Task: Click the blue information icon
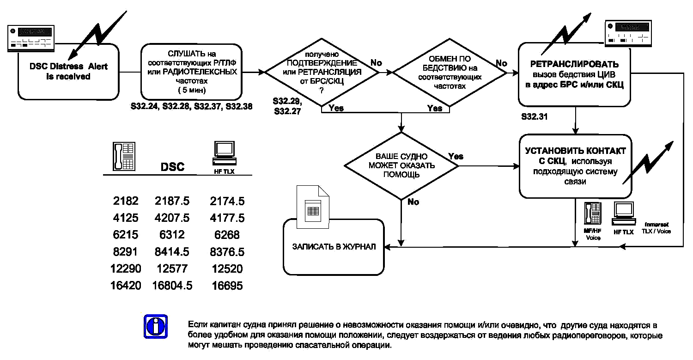[x=156, y=327]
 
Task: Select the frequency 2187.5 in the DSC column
[x=172, y=201]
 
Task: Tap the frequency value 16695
[x=227, y=286]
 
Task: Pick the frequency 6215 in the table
[x=125, y=235]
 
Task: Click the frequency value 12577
[x=172, y=268]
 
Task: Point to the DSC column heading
[x=172, y=167]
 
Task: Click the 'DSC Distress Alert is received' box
[x=68, y=72]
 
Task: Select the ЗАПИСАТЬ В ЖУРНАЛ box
[x=334, y=247]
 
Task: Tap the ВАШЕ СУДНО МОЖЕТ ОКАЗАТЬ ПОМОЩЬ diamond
[x=401, y=166]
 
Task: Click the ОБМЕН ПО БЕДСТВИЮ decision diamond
[x=450, y=73]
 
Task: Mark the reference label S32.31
[x=534, y=117]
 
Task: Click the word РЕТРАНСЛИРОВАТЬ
[x=575, y=64]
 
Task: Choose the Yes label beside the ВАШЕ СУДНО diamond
[x=456, y=156]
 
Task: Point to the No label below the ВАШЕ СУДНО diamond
[x=413, y=202]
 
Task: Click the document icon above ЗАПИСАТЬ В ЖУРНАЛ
[x=313, y=207]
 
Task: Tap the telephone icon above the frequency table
[x=124, y=156]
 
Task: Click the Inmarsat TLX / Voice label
[x=656, y=228]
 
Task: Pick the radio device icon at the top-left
[x=31, y=38]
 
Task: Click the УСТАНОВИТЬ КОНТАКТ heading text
[x=576, y=151]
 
